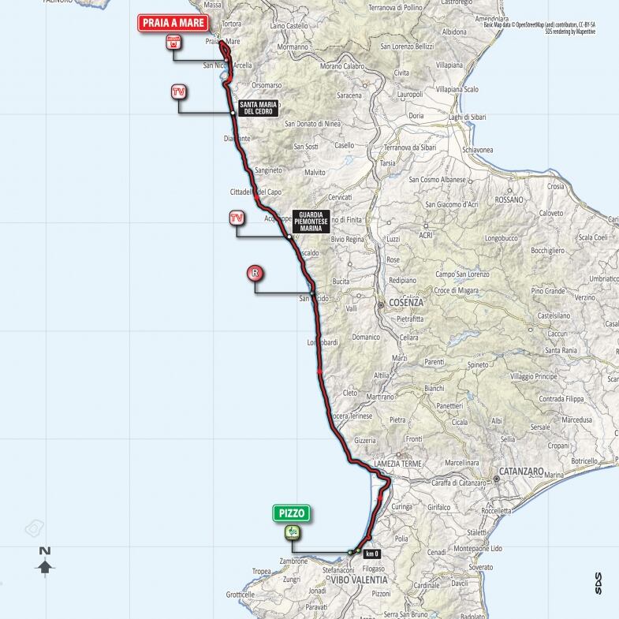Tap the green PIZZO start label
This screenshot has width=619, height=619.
click(292, 513)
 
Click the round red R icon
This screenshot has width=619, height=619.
click(255, 274)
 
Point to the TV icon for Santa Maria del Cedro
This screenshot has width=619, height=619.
click(180, 92)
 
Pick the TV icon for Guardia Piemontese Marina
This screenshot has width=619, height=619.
click(236, 218)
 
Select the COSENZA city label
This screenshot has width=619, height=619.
click(401, 303)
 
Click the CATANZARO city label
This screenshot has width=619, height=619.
click(519, 478)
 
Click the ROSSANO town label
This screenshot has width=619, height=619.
click(509, 199)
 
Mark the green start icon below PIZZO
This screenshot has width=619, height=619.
click(292, 532)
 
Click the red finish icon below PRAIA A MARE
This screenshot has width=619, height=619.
click(172, 44)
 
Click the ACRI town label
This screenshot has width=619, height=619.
click(427, 235)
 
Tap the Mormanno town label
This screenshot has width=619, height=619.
click(292, 47)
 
